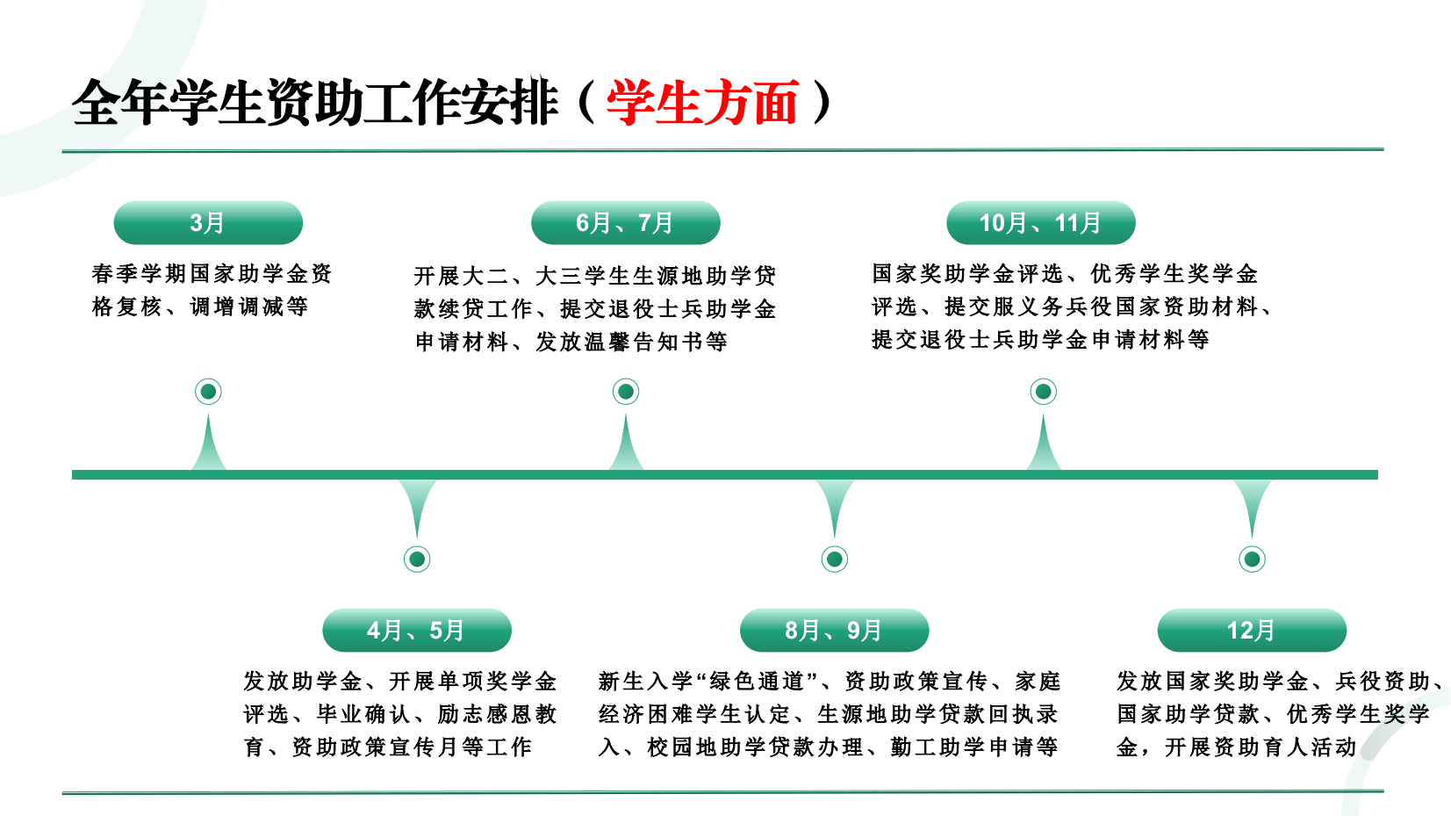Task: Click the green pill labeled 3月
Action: [x=208, y=223]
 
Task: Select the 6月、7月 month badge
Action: [x=625, y=223]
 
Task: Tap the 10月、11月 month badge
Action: [x=1040, y=223]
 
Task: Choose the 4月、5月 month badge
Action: [x=416, y=630]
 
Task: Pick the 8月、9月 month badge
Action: [x=834, y=630]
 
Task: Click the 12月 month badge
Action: [x=1252, y=630]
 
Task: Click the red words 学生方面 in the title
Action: [x=702, y=103]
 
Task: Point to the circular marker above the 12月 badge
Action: [x=1252, y=559]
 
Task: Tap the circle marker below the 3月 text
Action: [x=208, y=392]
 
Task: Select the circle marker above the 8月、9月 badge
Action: [x=834, y=559]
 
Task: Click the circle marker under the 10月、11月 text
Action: [x=1043, y=392]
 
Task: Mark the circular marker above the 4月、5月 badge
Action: [x=416, y=559]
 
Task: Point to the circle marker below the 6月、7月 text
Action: [x=625, y=392]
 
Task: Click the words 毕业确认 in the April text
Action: [x=363, y=714]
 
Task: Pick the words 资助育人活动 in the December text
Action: [x=1284, y=747]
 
